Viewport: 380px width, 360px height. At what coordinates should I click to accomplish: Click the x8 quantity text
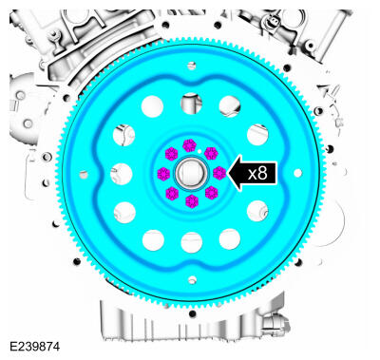pos(257,174)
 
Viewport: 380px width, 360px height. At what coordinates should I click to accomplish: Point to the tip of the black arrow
pos(228,173)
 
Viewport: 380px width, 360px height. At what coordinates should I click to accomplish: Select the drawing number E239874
pos(34,347)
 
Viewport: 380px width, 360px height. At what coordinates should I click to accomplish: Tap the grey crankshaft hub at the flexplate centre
pos(191,173)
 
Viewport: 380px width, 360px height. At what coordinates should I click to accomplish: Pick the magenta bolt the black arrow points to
pos(219,173)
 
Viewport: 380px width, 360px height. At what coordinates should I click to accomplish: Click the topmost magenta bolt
pos(190,145)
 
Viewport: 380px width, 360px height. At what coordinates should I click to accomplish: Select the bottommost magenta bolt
pos(192,201)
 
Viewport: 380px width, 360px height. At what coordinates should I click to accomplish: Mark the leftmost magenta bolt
pos(163,174)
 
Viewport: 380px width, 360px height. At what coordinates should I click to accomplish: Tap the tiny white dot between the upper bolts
pos(199,151)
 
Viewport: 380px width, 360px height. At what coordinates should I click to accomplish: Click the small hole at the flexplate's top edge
pos(191,66)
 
